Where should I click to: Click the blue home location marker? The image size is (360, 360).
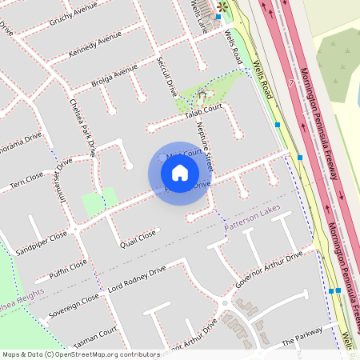click(180, 173)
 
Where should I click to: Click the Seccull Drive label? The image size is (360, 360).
click(170, 78)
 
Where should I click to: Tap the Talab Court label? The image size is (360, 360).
click(202, 114)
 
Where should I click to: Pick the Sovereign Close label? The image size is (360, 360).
click(74, 304)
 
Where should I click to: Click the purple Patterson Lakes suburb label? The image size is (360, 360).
click(253, 227)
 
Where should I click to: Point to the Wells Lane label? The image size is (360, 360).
click(198, 14)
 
